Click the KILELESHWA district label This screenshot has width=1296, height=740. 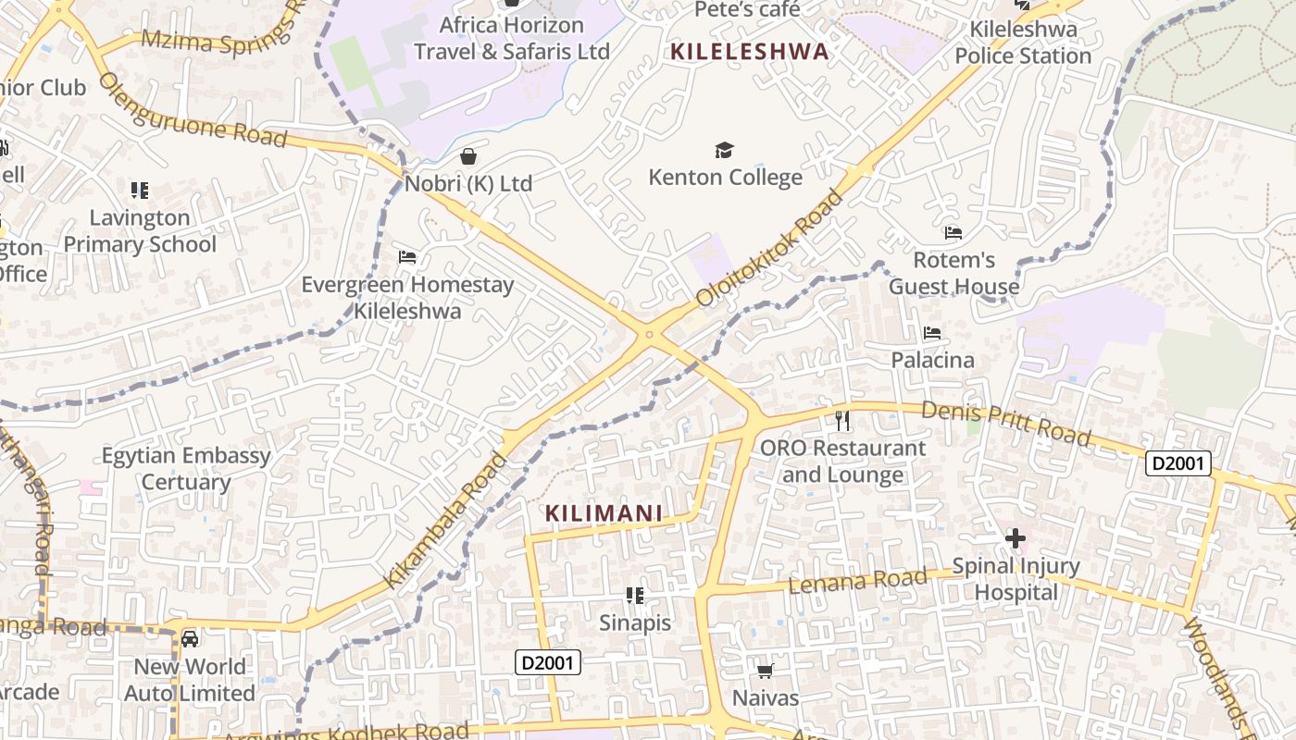tap(750, 52)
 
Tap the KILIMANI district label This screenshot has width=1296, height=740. tap(604, 513)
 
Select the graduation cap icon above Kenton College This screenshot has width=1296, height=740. tap(724, 150)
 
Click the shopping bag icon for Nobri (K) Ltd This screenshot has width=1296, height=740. tap(468, 156)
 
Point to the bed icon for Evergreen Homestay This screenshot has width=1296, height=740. tap(407, 257)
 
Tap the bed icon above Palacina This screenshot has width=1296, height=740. tap(932, 333)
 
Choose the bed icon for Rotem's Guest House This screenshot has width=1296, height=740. tap(953, 233)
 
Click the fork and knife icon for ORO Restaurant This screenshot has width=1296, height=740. tap(842, 421)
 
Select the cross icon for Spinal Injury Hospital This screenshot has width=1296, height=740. tap(1016, 538)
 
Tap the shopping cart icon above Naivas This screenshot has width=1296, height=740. tap(765, 671)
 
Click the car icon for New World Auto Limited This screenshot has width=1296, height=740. tap(190, 639)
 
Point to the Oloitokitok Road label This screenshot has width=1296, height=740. tap(771, 248)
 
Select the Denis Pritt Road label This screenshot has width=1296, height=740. tap(1006, 423)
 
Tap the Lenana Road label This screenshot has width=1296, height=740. tap(857, 582)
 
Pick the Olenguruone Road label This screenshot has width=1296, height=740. tap(193, 109)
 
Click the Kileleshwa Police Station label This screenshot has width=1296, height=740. tap(1023, 43)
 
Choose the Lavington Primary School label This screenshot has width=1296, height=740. tap(140, 231)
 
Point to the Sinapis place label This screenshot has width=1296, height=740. tap(635, 623)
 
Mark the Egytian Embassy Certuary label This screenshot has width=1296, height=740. tap(186, 468)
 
